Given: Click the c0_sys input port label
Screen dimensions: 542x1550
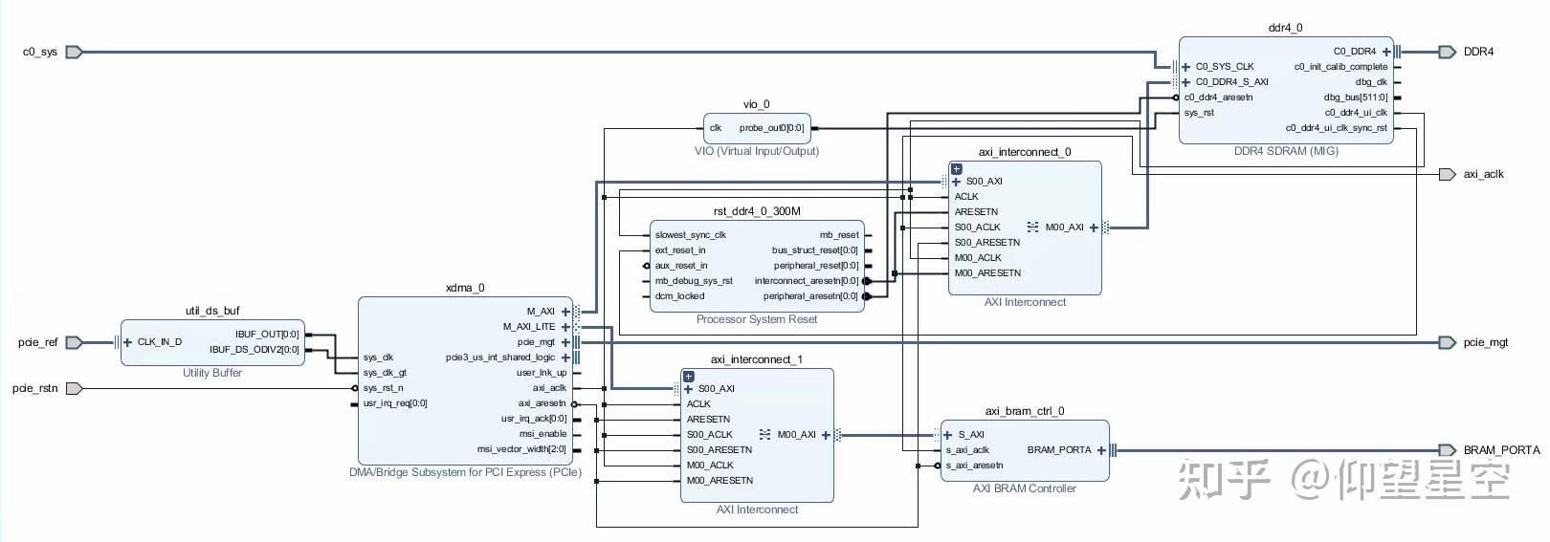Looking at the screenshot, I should pos(40,53).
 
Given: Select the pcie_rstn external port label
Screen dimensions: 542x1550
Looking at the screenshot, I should pos(35,388).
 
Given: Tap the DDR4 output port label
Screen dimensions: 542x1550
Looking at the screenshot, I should pos(1478,53).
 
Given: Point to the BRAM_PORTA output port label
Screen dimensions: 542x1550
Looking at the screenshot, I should pos(1501,450).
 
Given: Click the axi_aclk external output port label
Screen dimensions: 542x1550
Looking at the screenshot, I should pos(1483,175).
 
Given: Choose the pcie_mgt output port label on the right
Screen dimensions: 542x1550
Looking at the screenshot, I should pos(1485,342).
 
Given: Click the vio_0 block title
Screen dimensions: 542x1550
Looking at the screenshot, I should pos(756,104).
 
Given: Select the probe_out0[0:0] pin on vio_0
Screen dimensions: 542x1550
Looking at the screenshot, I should pos(771,128).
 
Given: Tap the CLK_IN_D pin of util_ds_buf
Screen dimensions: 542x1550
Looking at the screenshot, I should pos(159,342).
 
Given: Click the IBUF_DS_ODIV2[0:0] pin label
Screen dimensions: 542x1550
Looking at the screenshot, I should pos(254,350).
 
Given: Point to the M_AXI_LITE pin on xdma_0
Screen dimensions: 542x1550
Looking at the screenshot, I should pos(529,327).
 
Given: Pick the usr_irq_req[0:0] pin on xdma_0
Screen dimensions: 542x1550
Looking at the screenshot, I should pos(395,403).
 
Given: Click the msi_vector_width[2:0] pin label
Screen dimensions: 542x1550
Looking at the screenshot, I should pos(521,449).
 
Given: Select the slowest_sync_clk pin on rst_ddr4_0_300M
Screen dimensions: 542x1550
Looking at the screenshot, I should pos(690,235).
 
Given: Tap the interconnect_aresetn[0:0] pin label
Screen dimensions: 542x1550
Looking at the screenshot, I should pos(806,281).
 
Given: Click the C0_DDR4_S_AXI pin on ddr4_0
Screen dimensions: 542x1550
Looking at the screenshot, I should pos(1231,82).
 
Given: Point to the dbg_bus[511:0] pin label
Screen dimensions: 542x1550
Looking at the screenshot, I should pos(1355,98).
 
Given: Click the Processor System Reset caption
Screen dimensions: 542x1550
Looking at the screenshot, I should pos(756,319).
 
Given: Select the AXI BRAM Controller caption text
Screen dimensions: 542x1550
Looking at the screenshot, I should pos(1024,488).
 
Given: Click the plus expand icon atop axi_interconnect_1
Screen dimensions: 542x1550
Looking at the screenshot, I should pos(688,377).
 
